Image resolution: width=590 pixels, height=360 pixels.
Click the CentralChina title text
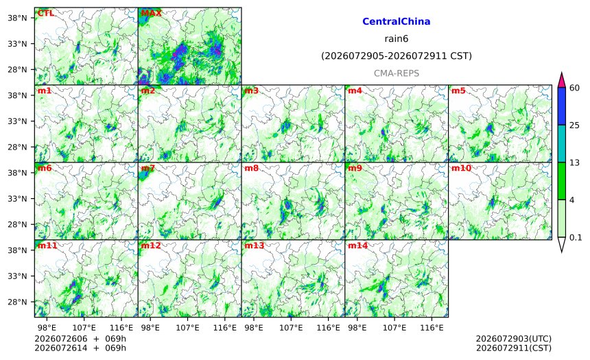[x=397, y=21]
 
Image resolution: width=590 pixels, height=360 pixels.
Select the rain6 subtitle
[x=397, y=39]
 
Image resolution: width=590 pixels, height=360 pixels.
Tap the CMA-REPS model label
[x=397, y=73]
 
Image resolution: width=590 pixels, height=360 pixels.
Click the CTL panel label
[x=45, y=13]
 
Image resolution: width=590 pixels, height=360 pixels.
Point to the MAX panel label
[x=151, y=13]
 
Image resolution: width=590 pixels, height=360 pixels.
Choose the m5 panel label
[x=458, y=91]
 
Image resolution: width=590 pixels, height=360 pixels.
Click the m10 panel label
[x=461, y=168]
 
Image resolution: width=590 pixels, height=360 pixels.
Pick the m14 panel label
[x=357, y=245]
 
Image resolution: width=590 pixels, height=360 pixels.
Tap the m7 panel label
[x=148, y=168]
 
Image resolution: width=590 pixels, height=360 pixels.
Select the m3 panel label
[x=251, y=91]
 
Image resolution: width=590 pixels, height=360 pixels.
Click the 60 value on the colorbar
[x=574, y=88]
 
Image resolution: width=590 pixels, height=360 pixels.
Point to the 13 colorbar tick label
[x=574, y=163]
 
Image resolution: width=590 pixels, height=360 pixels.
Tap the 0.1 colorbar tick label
[x=576, y=238]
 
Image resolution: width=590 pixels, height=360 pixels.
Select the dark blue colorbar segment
[x=561, y=106]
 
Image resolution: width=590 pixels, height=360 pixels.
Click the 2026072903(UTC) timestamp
[x=514, y=339]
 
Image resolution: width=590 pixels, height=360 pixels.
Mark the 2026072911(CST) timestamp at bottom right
[x=514, y=348]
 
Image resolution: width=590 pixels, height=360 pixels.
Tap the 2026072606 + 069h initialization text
[x=80, y=339]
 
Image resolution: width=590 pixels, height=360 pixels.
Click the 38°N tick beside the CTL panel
[x=18, y=18]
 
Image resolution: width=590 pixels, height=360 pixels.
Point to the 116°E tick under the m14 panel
[x=432, y=328]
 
